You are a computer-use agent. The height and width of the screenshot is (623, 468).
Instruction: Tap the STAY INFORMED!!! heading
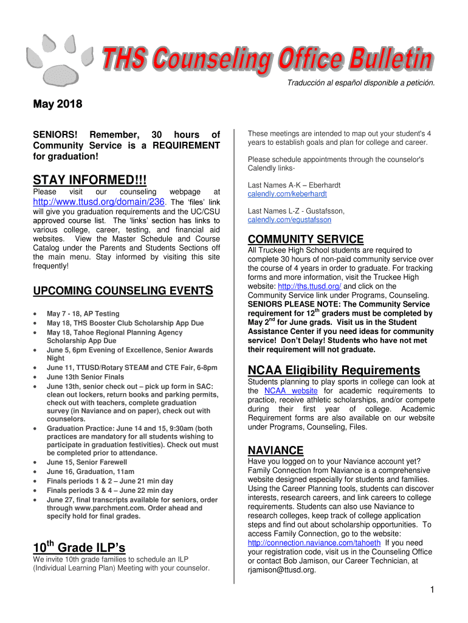(89, 181)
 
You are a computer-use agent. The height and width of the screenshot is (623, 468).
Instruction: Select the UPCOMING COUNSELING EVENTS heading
(122, 291)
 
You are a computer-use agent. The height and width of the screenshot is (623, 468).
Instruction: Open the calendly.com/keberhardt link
(287, 194)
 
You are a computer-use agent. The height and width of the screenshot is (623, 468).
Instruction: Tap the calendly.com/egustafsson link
(289, 220)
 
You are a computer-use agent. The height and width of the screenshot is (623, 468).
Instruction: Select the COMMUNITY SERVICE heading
(305, 239)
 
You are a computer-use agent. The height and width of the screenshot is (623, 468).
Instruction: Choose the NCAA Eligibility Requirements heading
(334, 371)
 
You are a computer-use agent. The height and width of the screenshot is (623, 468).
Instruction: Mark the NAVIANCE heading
(275, 451)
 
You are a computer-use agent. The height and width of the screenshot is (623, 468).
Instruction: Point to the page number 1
(430, 590)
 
